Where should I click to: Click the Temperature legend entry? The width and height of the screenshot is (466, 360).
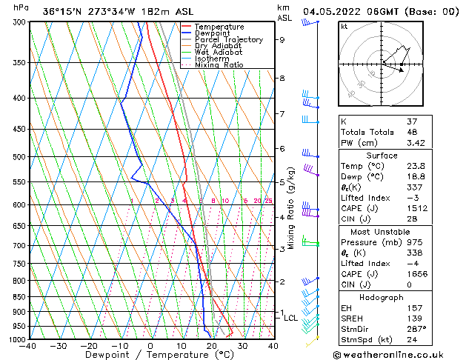coord(219,27)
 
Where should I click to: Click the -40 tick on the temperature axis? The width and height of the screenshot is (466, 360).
coord(28,346)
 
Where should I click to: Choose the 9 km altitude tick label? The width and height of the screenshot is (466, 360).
coord(282,40)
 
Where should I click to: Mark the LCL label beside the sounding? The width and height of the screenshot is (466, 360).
coord(290,318)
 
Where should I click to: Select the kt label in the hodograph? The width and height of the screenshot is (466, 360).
coord(344,26)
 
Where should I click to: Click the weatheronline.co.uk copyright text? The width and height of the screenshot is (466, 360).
coord(398,355)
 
